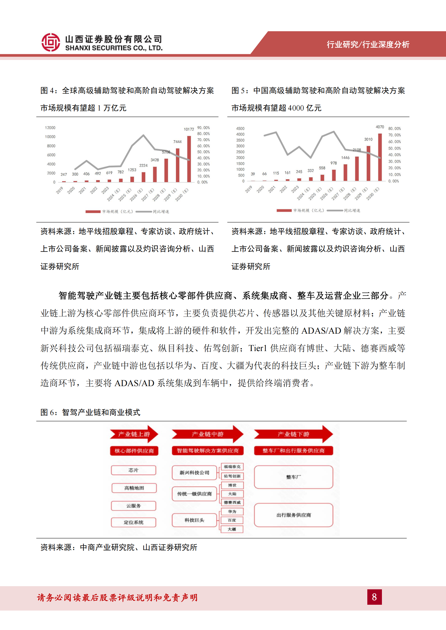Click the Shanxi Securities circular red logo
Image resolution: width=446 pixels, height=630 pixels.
point(51,42)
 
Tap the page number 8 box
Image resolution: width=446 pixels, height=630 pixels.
point(374,597)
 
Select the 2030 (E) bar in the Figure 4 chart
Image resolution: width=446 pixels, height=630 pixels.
point(189,159)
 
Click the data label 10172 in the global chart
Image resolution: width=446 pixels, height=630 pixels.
point(189,129)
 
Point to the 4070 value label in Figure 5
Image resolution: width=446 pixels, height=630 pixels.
point(380,127)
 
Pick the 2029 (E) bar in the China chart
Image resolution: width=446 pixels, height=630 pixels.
point(368,163)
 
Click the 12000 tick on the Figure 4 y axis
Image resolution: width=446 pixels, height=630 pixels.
point(50,128)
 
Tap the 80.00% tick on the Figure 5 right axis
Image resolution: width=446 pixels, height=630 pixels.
point(394,129)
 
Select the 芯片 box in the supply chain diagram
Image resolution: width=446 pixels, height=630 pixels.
point(133,470)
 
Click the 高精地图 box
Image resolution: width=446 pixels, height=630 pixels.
point(134,488)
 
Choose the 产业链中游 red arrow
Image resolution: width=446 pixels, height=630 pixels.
point(207,434)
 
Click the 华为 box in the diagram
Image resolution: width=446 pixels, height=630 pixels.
point(232,512)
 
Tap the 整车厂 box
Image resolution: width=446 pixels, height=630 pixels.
point(293,477)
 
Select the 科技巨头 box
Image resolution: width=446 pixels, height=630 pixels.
point(194,520)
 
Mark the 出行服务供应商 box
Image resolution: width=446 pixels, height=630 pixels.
point(293,515)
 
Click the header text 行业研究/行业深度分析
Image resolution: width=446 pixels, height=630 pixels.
point(368,44)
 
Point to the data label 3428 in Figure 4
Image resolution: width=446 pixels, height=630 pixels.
point(155,160)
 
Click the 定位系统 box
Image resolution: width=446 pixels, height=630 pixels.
point(133,522)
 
